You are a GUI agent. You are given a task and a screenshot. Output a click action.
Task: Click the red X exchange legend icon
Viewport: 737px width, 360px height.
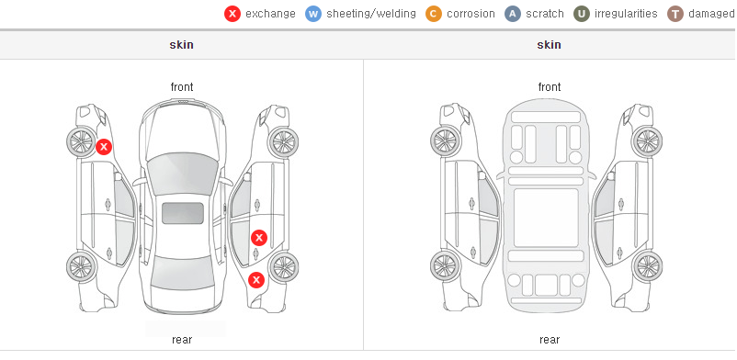pos(232,14)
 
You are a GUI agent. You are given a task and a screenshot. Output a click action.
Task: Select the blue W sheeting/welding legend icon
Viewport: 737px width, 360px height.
pos(313,14)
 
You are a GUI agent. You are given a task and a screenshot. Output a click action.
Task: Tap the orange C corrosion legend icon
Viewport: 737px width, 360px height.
pos(434,14)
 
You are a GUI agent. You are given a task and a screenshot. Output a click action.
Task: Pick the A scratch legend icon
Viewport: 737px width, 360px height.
pos(513,14)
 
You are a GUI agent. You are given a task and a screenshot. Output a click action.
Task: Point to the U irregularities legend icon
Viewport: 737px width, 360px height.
pos(582,14)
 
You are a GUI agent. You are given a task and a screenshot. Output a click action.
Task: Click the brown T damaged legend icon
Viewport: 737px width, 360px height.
pos(675,14)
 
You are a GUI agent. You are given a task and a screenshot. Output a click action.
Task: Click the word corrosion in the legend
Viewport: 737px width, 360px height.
pos(471,14)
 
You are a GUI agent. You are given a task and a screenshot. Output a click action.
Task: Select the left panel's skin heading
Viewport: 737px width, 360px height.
pos(181,45)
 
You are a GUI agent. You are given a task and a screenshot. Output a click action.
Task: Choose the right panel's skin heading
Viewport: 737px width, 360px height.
pos(549,45)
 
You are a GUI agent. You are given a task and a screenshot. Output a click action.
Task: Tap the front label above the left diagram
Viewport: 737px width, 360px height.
pos(182,87)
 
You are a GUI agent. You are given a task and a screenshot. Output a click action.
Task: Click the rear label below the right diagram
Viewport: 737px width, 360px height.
pos(550,339)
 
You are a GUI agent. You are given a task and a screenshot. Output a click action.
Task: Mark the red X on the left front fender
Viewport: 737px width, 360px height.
pos(104,147)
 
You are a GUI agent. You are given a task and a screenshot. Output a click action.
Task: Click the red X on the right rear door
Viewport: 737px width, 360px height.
pos(259,238)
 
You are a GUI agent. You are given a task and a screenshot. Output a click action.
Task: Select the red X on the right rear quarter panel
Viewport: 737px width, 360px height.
pos(256,281)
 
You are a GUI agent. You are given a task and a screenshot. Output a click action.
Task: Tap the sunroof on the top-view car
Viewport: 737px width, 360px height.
pos(183,213)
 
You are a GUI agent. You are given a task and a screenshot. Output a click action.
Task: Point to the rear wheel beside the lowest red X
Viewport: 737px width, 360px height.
pos(283,267)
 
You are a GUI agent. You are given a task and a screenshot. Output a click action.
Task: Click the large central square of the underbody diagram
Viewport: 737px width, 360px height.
pos(546,218)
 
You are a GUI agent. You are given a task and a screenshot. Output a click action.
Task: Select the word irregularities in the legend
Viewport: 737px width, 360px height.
pos(626,14)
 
